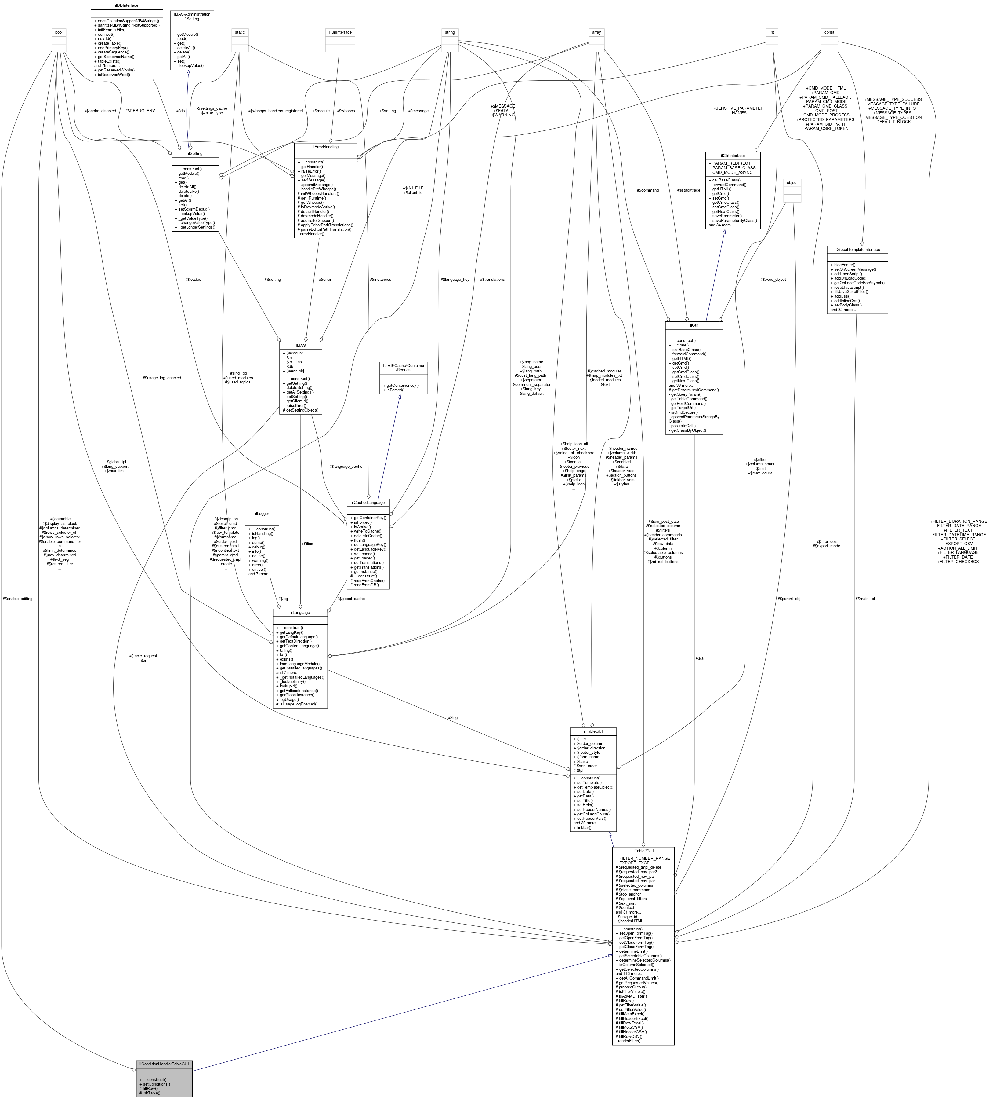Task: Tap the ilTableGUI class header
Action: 593,731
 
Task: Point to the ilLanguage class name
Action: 300,612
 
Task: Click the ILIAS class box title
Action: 300,345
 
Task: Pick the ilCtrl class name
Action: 694,325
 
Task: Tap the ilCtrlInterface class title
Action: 733,156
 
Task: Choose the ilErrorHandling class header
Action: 325,147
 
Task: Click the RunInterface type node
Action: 340,32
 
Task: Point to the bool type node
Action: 59,32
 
